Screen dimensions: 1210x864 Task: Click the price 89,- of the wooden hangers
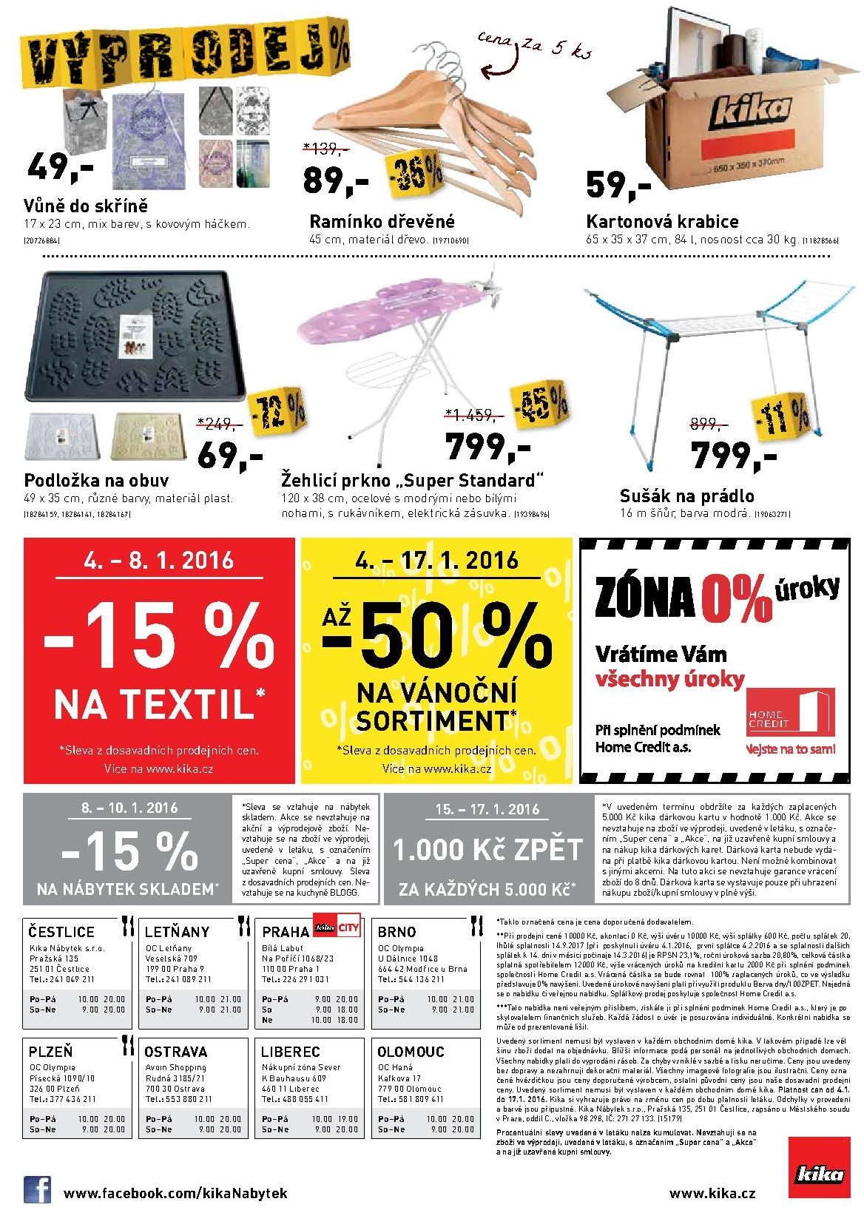coord(335,180)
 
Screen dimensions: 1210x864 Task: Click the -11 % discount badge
coord(780,416)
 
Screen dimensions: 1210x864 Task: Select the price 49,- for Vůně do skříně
coord(60,167)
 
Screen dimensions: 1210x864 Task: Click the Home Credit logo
coord(790,712)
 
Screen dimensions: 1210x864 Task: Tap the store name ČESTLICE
coord(62,931)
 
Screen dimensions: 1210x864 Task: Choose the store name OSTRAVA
coord(176,1052)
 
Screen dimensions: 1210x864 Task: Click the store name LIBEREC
coord(291,1052)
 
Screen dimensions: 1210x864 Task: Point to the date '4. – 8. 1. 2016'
coord(159,560)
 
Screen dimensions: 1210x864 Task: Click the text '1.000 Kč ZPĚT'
coord(487,851)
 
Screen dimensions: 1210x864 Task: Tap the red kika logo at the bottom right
coord(820,1173)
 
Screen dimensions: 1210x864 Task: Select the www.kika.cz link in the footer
coord(712,1193)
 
